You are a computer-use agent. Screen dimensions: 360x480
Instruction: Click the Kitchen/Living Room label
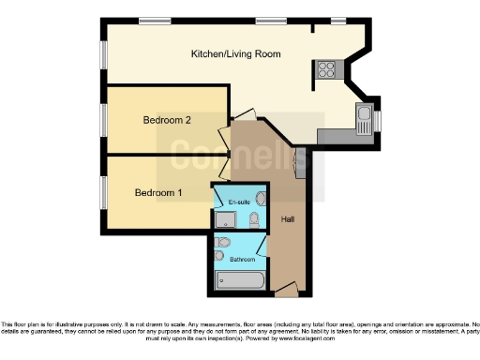coord(235,54)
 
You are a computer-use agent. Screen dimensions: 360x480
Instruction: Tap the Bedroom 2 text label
coord(167,120)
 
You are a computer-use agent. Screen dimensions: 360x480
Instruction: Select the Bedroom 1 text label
coord(158,193)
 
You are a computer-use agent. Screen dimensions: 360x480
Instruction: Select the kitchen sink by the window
coord(364,119)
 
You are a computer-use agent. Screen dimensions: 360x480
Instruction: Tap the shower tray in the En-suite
coord(227,219)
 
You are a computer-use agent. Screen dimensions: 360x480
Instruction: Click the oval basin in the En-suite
coord(262,198)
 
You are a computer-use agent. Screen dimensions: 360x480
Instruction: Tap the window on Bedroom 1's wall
coord(103,191)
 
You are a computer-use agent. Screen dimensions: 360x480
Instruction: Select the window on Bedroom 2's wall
coord(103,119)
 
